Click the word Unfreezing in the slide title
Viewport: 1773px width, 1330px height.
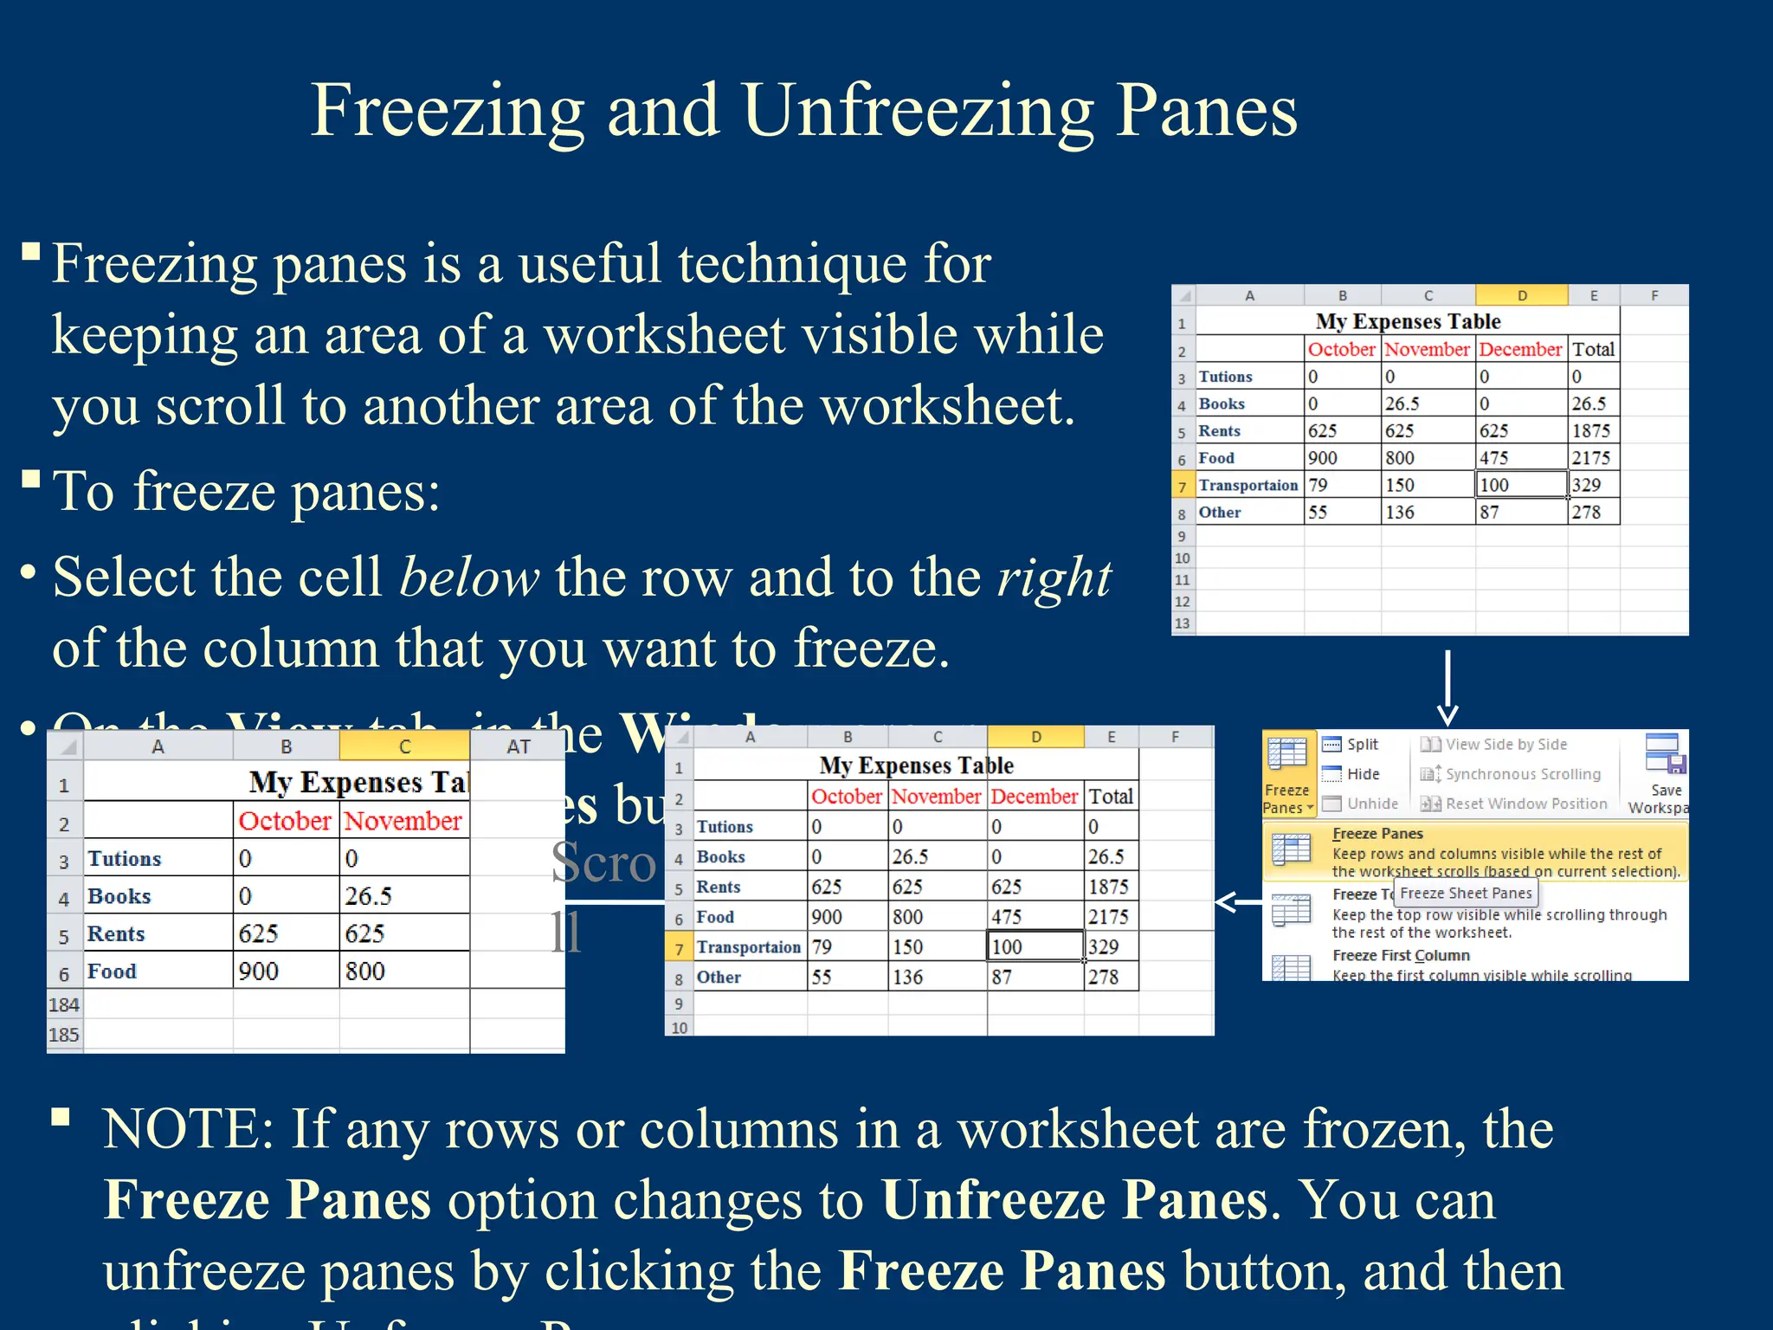point(918,111)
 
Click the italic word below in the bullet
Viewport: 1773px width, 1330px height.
point(469,578)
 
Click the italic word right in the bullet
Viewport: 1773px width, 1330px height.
point(1054,578)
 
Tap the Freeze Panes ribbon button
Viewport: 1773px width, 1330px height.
point(1286,774)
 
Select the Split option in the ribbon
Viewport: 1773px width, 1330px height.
point(1361,745)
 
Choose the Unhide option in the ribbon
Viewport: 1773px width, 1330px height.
point(1371,804)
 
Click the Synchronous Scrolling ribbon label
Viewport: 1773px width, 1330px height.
point(1522,774)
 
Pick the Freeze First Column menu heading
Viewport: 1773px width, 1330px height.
point(1401,955)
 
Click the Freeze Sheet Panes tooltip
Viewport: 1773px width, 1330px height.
point(1466,893)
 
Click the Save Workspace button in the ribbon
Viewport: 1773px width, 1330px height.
point(1664,774)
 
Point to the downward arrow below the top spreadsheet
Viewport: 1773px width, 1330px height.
point(1447,688)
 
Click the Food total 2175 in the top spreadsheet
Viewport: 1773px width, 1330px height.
point(1590,458)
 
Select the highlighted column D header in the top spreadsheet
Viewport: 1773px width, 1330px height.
point(1521,296)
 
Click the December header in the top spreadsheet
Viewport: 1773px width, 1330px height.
point(1520,349)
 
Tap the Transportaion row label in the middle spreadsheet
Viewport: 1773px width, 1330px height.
point(748,947)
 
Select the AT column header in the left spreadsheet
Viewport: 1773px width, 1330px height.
point(518,746)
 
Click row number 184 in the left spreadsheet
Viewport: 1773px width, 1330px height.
point(64,1005)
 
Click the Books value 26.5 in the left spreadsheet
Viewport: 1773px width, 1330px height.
point(369,896)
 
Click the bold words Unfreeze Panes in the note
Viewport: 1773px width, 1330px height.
point(1074,1200)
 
